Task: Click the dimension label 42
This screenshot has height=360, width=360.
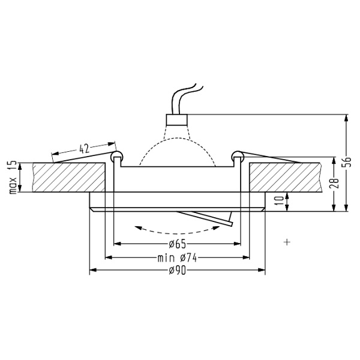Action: click(84, 148)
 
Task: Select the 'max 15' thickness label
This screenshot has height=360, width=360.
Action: click(11, 177)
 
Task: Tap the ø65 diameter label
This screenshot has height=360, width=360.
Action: click(176, 244)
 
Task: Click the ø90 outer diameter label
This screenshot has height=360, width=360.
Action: click(176, 271)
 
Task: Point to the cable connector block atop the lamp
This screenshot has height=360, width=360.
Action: click(176, 118)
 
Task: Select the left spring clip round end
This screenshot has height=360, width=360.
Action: click(116, 157)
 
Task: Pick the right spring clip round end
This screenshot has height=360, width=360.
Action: click(238, 157)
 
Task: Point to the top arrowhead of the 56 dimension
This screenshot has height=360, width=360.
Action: click(346, 118)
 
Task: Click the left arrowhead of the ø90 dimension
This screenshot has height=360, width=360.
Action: click(92, 271)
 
